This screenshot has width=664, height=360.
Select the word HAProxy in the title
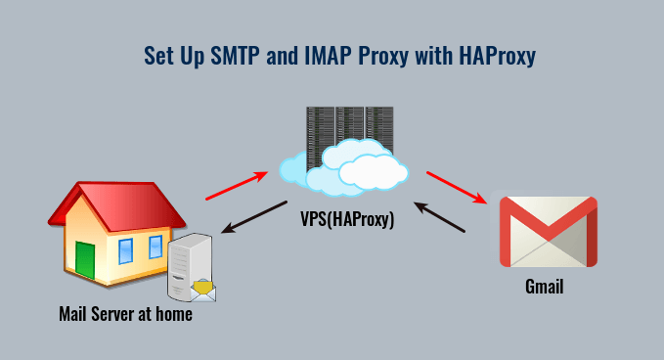(x=496, y=56)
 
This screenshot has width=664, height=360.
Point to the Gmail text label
(x=544, y=288)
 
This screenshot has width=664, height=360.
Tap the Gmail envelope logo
(x=548, y=232)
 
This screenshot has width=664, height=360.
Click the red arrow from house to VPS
(x=236, y=186)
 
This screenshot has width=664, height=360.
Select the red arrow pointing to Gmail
(x=456, y=188)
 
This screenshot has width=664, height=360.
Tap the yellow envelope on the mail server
(x=202, y=289)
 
